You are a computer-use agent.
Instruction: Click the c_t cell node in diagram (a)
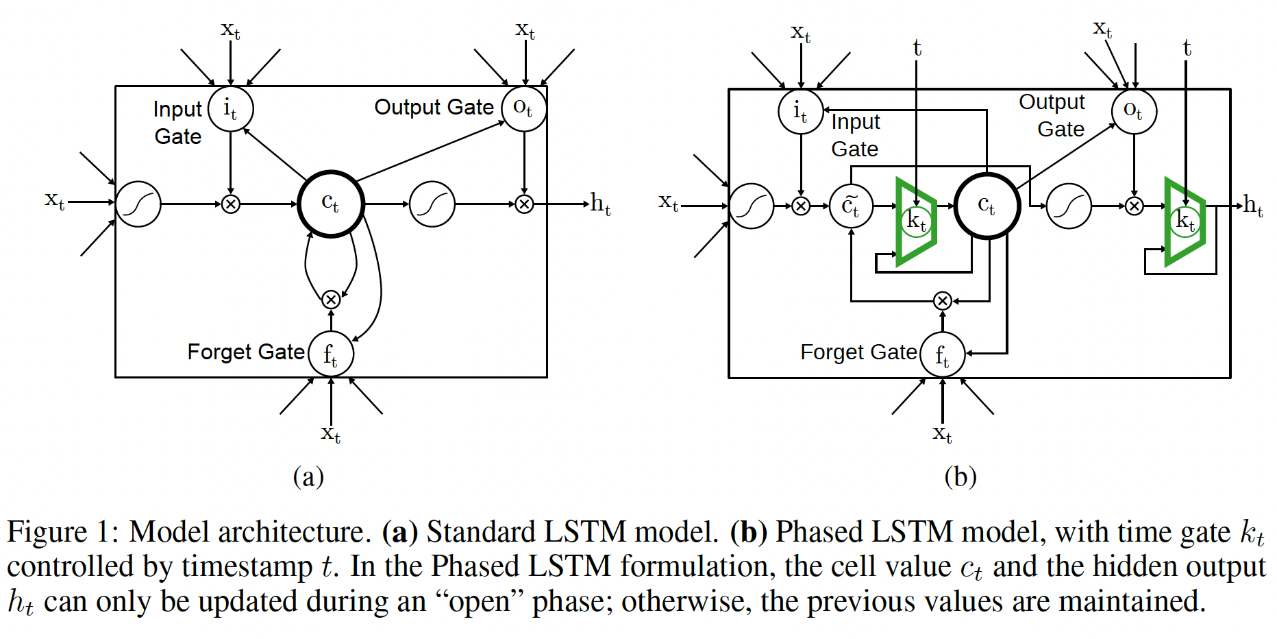(331, 204)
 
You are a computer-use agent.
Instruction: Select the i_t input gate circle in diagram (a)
(231, 108)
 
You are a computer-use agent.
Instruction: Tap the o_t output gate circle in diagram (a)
(524, 108)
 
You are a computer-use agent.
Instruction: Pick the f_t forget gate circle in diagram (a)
(331, 354)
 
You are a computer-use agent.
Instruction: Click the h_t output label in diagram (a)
(600, 204)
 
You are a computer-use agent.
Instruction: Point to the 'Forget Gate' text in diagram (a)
(246, 352)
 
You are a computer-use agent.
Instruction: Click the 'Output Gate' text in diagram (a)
(434, 107)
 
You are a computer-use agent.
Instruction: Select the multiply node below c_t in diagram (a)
(331, 300)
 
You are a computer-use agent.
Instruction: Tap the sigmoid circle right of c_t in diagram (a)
(432, 204)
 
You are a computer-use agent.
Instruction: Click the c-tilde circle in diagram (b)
(851, 206)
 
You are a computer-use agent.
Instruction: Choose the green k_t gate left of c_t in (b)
(916, 221)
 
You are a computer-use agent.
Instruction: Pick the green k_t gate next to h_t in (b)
(1185, 221)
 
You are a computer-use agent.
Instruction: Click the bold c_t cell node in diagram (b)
(987, 206)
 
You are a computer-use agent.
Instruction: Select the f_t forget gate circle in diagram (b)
(943, 354)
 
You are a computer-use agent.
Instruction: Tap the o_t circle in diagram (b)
(1135, 111)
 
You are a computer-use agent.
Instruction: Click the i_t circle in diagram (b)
(800, 111)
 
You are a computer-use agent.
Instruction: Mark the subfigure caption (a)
(308, 477)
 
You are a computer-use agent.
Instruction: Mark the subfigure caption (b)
(960, 477)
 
